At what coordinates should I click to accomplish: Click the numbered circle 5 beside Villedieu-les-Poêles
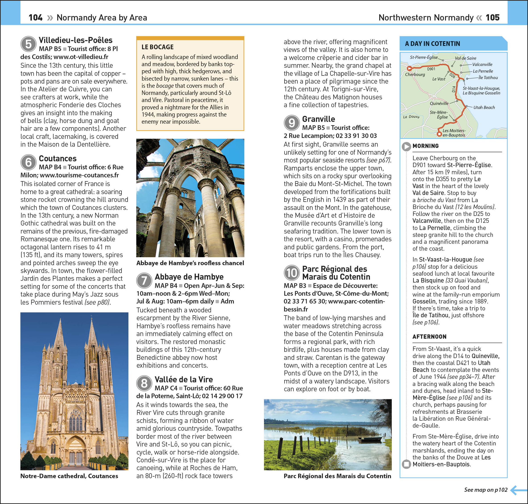point(28,44)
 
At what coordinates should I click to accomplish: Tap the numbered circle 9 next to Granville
point(291,123)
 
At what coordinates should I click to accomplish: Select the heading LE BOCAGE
point(158,47)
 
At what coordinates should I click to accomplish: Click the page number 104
point(35,18)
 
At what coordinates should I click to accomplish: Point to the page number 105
point(493,18)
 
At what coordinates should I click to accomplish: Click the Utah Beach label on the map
point(484,107)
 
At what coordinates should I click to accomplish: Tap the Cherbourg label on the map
point(415,74)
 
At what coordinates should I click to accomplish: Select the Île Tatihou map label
point(488,78)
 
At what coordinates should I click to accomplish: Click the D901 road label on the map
point(431,69)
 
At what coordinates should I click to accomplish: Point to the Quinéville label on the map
point(439,103)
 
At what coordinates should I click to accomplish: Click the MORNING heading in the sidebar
point(426,146)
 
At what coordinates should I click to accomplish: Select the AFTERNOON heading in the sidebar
point(429,337)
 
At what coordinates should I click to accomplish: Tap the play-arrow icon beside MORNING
point(406,146)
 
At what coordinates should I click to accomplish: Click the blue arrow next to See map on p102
point(518,490)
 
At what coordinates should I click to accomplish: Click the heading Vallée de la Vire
point(184,379)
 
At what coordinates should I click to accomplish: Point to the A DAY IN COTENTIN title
point(432,43)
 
